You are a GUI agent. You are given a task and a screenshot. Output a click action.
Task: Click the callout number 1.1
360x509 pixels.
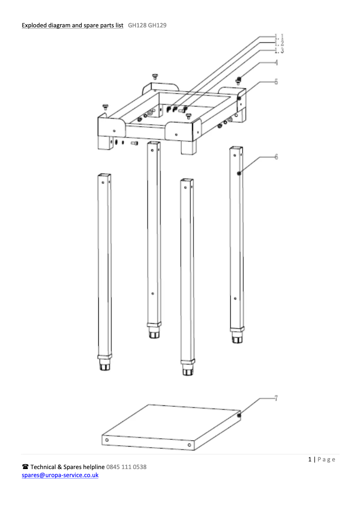280,37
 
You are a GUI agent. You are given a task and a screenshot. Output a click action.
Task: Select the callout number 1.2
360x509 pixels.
280,43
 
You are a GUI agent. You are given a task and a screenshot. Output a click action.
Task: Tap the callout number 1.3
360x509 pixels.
280,50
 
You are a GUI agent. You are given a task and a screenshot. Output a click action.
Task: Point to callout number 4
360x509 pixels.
276,62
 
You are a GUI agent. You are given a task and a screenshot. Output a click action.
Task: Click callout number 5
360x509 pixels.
276,82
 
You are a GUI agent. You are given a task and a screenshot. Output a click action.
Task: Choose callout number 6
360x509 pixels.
276,157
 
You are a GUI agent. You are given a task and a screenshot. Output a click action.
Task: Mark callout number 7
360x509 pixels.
276,398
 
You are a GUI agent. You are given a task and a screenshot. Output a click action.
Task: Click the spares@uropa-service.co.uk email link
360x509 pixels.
60,475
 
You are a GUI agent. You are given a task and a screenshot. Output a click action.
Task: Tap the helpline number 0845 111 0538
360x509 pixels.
126,467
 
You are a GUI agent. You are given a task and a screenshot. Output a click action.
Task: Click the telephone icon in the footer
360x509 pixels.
25,467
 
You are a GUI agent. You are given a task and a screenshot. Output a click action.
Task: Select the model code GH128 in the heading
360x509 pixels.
137,25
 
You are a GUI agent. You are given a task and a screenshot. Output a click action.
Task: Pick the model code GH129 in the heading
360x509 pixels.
157,25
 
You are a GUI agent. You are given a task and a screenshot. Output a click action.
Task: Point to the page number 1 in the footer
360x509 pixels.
310,459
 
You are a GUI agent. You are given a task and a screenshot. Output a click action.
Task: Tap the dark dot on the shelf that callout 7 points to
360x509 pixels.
239,415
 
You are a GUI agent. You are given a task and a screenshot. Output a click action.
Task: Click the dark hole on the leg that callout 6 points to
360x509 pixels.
239,173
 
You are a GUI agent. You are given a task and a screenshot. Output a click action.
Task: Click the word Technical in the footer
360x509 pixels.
43,467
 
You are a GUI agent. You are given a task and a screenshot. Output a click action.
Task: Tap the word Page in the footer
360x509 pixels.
326,459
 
